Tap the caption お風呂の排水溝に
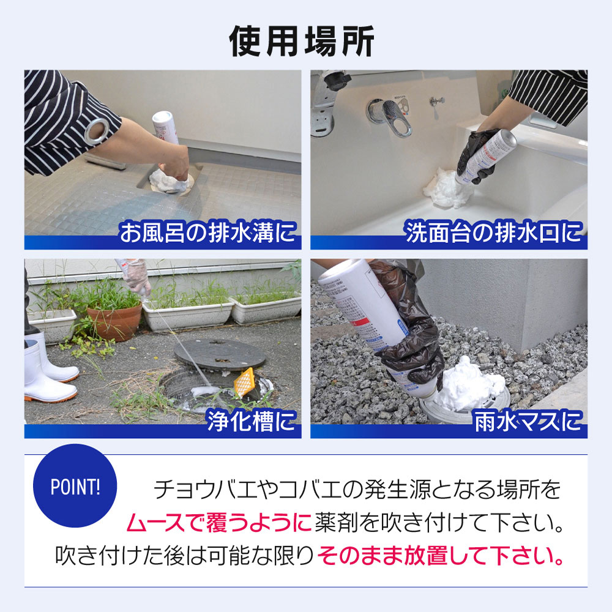208,233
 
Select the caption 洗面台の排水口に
493,233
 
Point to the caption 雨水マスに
528,422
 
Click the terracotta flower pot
114,321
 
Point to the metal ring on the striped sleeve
97,130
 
